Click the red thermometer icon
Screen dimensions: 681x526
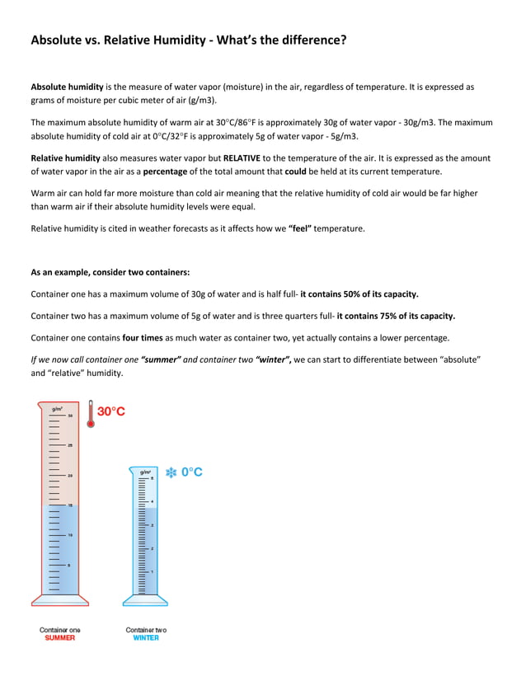click(91, 413)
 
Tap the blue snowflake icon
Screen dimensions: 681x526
click(171, 472)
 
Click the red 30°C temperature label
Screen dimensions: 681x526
click(112, 411)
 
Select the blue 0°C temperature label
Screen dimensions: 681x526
click(192, 472)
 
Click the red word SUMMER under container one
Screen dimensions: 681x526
click(59, 637)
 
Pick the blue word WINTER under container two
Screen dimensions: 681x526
click(146, 637)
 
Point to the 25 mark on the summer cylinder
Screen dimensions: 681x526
click(70, 445)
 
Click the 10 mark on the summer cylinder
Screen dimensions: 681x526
click(70, 535)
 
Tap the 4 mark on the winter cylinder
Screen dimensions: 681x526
click(152, 501)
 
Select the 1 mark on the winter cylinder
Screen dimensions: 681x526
click(152, 571)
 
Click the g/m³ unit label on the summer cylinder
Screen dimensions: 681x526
click(57, 408)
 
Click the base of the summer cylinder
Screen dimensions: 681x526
click(59, 599)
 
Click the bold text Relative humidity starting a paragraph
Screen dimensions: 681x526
click(67, 157)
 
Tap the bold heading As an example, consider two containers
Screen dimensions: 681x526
click(110, 271)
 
